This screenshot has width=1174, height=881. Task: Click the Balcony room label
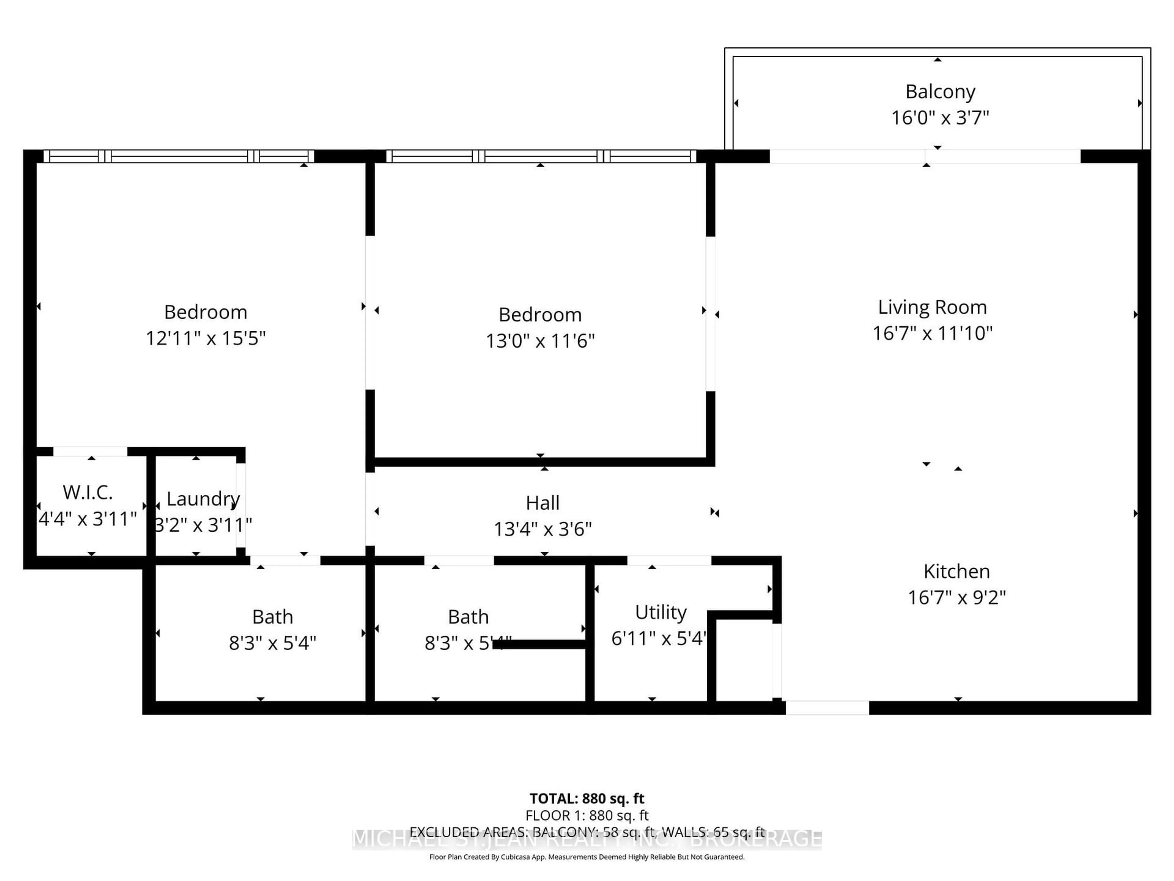pyautogui.click(x=940, y=91)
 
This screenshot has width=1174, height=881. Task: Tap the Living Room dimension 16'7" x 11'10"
pyautogui.click(x=932, y=333)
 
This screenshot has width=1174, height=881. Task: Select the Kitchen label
pyautogui.click(x=956, y=571)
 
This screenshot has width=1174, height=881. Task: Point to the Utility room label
pyautogui.click(x=661, y=612)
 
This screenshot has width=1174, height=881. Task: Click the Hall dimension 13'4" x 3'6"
pyautogui.click(x=542, y=529)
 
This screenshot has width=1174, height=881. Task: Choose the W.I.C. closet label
pyautogui.click(x=87, y=492)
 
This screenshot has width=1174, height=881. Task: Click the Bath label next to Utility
pyautogui.click(x=468, y=617)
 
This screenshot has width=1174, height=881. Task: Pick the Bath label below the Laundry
pyautogui.click(x=272, y=617)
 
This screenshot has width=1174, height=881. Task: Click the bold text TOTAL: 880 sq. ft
pyautogui.click(x=586, y=799)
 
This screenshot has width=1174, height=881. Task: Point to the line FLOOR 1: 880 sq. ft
pyautogui.click(x=586, y=815)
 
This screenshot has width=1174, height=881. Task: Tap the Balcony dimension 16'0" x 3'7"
pyautogui.click(x=940, y=117)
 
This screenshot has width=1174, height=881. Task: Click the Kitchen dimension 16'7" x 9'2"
pyautogui.click(x=956, y=597)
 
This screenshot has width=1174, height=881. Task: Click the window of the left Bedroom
pyautogui.click(x=179, y=156)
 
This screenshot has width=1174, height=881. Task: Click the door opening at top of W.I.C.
pyautogui.click(x=90, y=452)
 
